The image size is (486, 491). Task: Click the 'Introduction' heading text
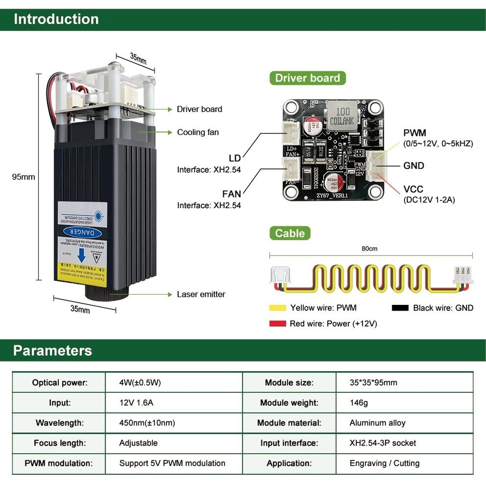click(56, 19)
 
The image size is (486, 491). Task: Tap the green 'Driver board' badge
click(307, 78)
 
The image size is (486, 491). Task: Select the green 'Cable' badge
click(289, 233)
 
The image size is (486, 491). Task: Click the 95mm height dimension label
click(23, 177)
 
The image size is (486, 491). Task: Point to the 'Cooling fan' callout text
click(198, 132)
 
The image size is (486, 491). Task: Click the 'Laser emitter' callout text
click(201, 294)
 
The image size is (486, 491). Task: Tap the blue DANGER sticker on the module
click(82, 232)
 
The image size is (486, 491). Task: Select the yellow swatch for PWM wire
click(278, 308)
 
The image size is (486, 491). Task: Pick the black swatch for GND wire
click(400, 308)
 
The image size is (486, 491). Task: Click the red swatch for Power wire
click(278, 324)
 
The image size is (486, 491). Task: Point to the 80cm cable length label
click(369, 249)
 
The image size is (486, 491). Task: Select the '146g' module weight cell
click(358, 403)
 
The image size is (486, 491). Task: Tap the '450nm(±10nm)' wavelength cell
click(147, 423)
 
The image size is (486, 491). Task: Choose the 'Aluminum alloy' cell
click(377, 423)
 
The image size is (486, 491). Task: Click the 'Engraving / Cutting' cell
click(384, 463)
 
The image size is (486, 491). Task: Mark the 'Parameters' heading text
click(53, 351)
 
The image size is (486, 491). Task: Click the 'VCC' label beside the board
click(413, 190)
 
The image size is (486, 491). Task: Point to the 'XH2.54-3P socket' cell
click(382, 443)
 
